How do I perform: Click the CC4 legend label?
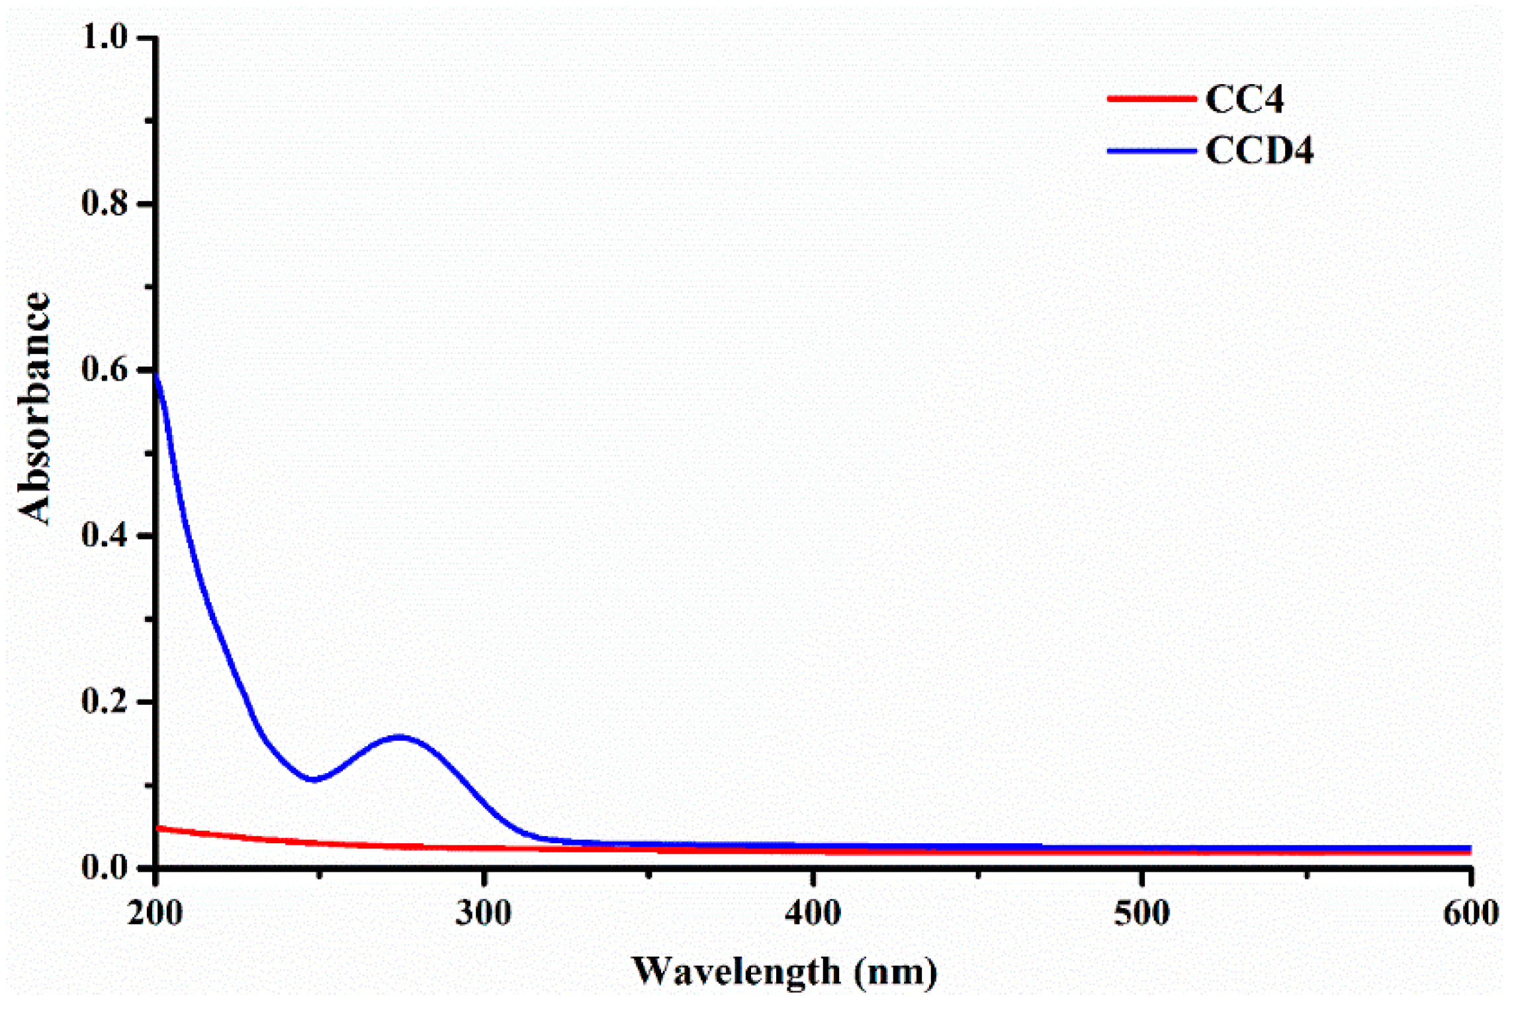tap(1244, 100)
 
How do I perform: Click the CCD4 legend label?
tap(1259, 151)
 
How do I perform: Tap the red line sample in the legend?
tap(1151, 99)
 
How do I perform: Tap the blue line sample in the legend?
tap(1151, 151)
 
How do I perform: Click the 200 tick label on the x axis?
tap(156, 914)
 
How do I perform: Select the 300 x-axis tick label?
tap(484, 914)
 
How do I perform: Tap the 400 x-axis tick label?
tap(813, 914)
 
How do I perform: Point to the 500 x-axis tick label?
tap(1141, 914)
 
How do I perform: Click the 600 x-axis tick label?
tap(1470, 914)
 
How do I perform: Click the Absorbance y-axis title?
tap(34, 408)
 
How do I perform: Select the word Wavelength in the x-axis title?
tap(736, 972)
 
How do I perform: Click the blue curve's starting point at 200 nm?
tap(157, 376)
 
